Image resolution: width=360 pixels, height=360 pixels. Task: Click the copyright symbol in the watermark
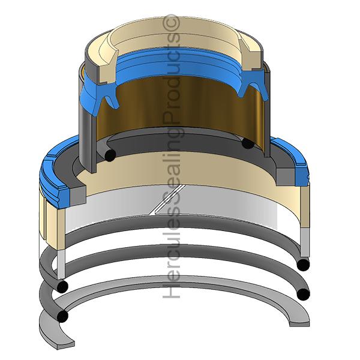pos(171,23)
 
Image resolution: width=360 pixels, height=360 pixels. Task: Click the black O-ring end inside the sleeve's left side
pos(110,155)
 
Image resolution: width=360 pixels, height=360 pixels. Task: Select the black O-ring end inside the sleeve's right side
pos(248,143)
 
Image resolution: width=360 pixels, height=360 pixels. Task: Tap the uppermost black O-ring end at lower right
pos(303,265)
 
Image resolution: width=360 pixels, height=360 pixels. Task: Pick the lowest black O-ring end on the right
pos(303,295)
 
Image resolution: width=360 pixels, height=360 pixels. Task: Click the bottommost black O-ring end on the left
pos(62,316)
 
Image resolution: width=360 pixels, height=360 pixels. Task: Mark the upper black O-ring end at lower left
pos(62,286)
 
